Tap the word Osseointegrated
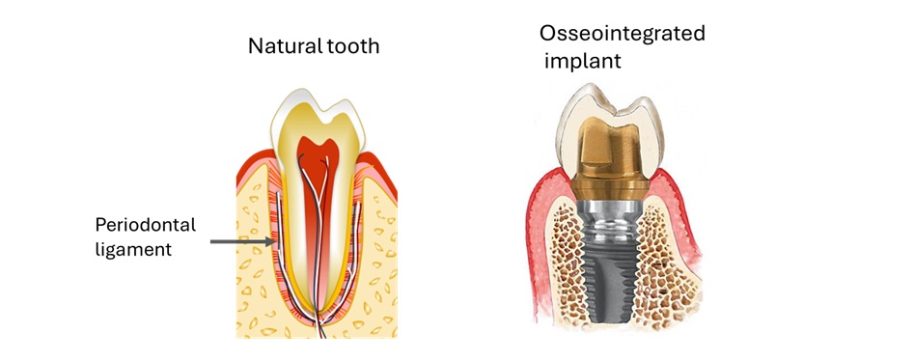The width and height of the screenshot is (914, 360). click(623, 35)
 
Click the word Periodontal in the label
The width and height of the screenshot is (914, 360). click(145, 225)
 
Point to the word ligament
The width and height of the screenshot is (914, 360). click(133, 249)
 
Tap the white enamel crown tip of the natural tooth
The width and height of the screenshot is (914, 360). click(294, 106)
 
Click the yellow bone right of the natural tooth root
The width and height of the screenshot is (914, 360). click(381, 270)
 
